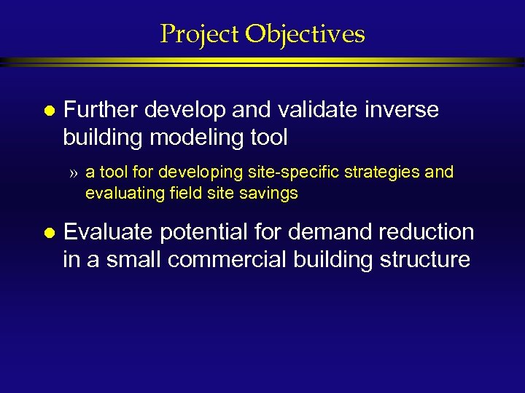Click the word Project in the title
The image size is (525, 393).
pyautogui.click(x=200, y=33)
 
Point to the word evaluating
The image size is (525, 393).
pyautogui.click(x=120, y=193)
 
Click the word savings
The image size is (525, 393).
pyautogui.click(x=271, y=193)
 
